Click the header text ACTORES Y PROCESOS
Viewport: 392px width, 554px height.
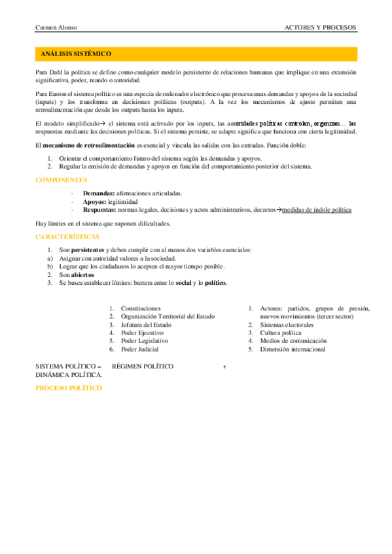tap(321, 27)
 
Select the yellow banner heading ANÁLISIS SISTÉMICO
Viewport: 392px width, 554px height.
tap(76, 54)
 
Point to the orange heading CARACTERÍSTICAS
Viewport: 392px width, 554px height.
tap(67, 236)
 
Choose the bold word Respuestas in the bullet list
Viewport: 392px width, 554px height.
tap(100, 210)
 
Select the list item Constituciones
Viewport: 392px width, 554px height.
tap(141, 308)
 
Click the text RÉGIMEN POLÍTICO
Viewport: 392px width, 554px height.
tap(143, 367)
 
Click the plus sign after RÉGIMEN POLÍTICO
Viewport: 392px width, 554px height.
tap(224, 367)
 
